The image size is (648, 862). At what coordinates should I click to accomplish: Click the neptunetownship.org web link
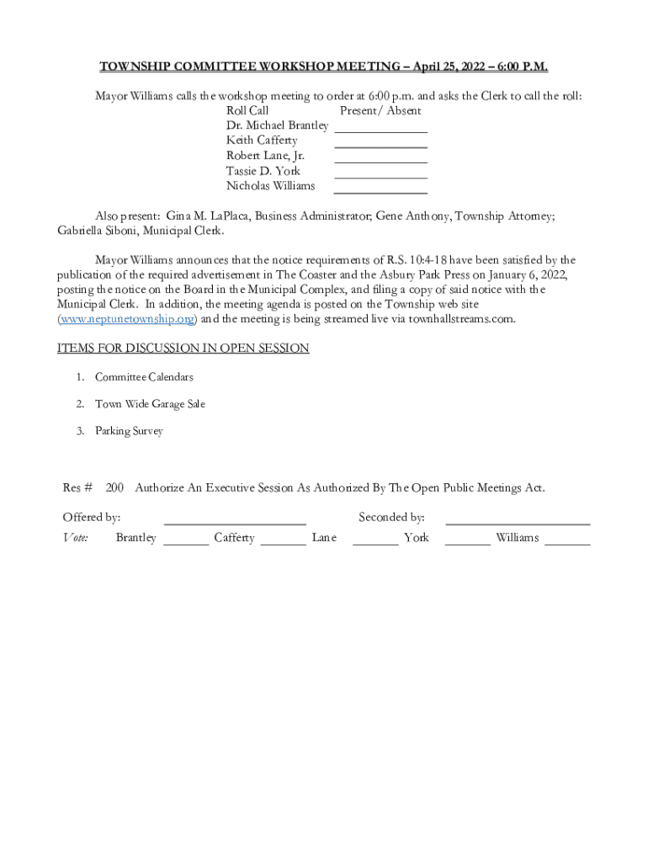click(x=126, y=319)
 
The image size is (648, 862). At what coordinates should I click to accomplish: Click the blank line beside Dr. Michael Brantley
click(x=380, y=130)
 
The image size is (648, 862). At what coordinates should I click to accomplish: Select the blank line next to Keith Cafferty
click(x=380, y=146)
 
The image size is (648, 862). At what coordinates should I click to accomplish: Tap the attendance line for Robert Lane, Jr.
click(x=380, y=161)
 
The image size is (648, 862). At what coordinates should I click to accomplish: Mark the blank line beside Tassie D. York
click(x=380, y=176)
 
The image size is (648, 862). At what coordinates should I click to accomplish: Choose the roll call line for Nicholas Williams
click(x=380, y=191)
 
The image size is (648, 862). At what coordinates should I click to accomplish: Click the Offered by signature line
click(x=235, y=523)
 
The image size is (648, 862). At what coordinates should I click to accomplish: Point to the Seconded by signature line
click(x=518, y=523)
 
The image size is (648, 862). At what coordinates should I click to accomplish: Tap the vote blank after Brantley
click(x=186, y=543)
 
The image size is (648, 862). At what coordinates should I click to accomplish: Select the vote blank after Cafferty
click(x=284, y=543)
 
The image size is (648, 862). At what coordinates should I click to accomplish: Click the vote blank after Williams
click(x=567, y=543)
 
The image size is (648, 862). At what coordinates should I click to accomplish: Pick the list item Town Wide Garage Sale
click(x=150, y=404)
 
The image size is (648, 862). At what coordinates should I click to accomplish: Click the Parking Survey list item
click(x=129, y=431)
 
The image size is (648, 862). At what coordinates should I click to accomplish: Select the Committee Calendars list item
click(x=144, y=377)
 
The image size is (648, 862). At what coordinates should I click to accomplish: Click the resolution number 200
click(x=114, y=487)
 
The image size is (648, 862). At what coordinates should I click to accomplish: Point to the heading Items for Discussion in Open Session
click(x=183, y=349)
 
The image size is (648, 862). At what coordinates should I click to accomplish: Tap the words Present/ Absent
click(x=380, y=110)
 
